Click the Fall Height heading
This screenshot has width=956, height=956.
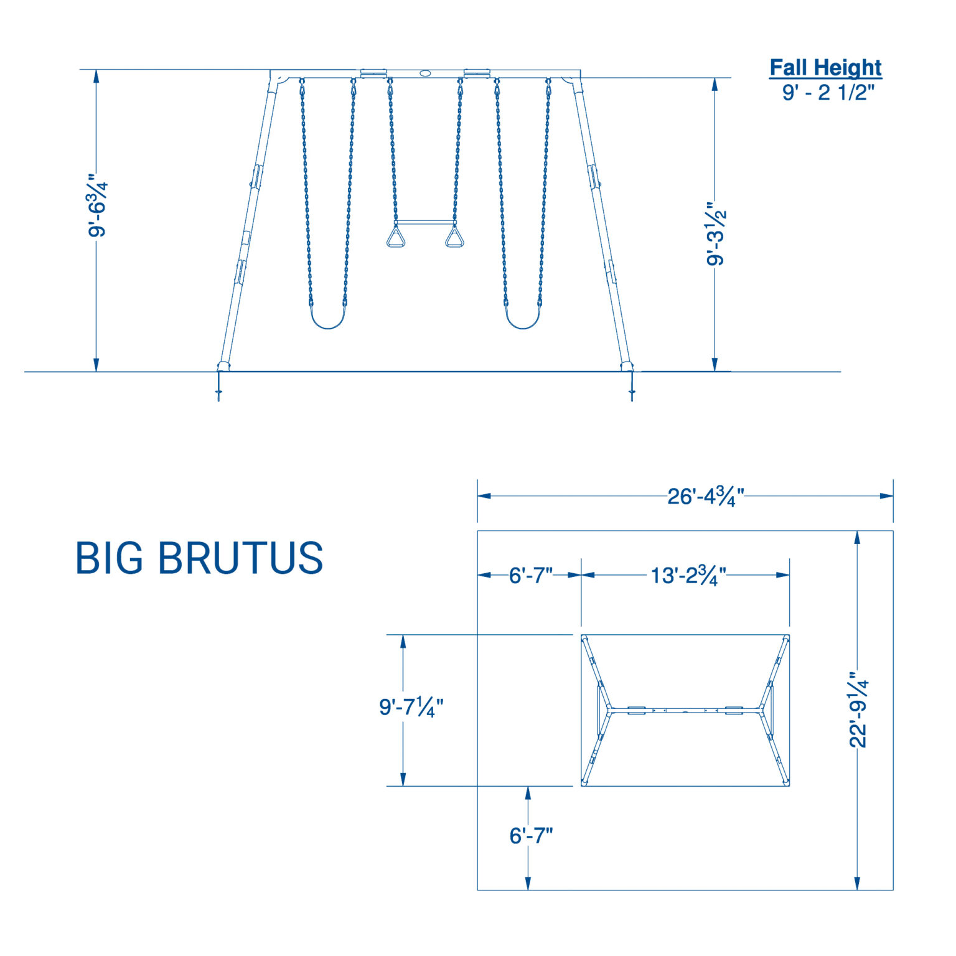[x=825, y=67]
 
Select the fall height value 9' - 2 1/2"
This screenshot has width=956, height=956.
[x=828, y=93]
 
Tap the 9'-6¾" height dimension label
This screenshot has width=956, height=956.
[x=98, y=205]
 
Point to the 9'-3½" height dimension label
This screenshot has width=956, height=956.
[x=716, y=234]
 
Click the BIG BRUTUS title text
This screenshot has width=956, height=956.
[x=199, y=558]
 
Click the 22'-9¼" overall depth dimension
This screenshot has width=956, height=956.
[x=859, y=710]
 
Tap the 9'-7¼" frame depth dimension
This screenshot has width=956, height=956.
[x=411, y=707]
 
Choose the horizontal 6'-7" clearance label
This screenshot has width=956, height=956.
[x=530, y=575]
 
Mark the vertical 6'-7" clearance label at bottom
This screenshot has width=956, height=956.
[x=531, y=835]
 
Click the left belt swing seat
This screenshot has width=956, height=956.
[x=327, y=321]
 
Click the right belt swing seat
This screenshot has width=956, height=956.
[x=523, y=321]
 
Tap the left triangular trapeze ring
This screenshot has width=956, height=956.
[x=395, y=238]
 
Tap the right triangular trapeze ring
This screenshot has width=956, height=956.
[x=455, y=238]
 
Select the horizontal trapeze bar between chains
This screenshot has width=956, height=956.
[x=425, y=222]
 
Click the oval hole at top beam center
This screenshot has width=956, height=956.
[x=425, y=73]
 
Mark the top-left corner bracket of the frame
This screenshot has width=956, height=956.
[x=278, y=80]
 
